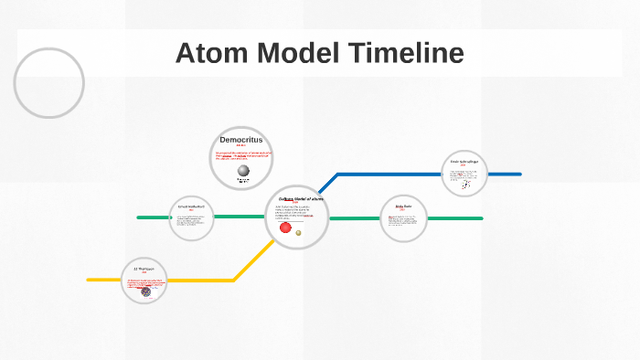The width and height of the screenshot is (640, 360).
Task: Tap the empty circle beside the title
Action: coord(49,82)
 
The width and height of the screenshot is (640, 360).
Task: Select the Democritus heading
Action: coord(241,139)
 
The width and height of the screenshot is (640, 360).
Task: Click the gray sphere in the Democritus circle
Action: coord(243,170)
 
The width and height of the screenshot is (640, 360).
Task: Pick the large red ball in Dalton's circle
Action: coord(285,228)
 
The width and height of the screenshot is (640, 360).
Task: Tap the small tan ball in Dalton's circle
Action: coord(299,233)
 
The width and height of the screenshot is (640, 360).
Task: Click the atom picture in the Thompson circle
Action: coord(146,291)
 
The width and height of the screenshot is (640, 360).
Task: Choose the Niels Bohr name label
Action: coord(404,206)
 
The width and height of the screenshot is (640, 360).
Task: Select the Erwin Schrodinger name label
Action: coord(464,162)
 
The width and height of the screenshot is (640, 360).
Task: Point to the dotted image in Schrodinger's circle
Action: coord(465,184)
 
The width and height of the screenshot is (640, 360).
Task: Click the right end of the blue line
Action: coord(519,174)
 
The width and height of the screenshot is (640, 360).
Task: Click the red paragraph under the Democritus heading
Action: coord(241,155)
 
